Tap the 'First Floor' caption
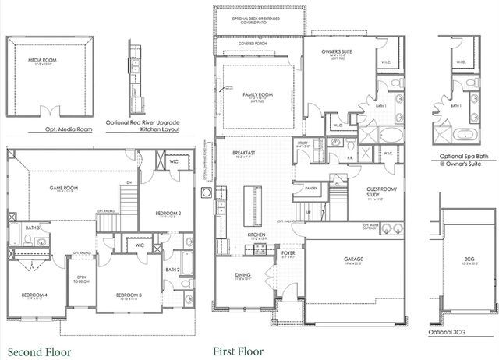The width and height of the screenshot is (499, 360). (239, 351)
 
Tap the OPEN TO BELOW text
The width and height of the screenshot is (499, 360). (80, 280)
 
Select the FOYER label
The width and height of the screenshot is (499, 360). (288, 252)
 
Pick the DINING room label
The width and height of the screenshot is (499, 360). (242, 275)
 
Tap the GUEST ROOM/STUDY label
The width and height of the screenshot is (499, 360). (382, 192)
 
